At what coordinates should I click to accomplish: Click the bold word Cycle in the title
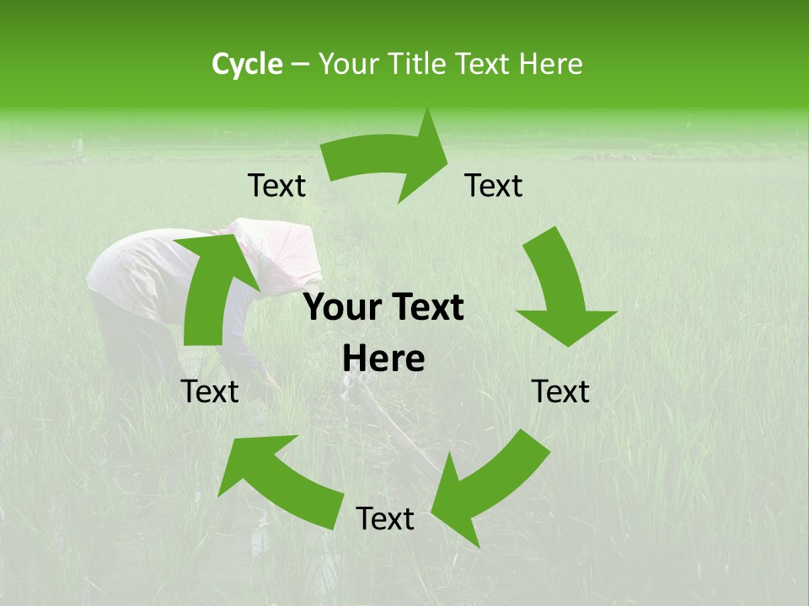point(247,64)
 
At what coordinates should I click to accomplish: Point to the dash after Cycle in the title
point(300,65)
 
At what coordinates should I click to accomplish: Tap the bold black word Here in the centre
point(383,359)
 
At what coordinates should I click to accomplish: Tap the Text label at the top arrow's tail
point(276,186)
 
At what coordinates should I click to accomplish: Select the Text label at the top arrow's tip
point(494,186)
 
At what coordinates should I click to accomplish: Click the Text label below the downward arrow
point(560,391)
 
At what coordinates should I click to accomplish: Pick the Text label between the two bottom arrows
point(385,519)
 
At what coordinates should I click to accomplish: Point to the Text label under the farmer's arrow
point(210,391)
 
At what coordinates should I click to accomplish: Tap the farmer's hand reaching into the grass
point(271,384)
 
